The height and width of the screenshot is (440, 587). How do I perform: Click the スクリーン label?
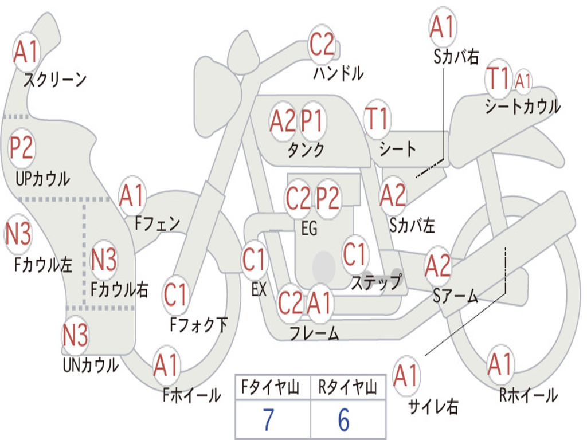[x=55, y=79]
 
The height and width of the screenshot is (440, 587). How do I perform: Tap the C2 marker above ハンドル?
[x=322, y=44]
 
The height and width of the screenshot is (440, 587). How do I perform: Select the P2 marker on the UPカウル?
[x=22, y=148]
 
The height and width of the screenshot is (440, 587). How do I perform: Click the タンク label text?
[x=306, y=150]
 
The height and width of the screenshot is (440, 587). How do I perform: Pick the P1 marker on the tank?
[x=312, y=121]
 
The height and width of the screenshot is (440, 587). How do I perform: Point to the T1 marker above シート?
[x=377, y=119]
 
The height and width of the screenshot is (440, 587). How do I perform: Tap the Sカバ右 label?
[x=456, y=57]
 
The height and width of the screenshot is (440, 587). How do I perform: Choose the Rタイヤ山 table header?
[x=347, y=387]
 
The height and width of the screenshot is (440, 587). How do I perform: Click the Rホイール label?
[x=528, y=395]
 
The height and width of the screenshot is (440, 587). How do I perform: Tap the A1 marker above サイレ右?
[x=406, y=375]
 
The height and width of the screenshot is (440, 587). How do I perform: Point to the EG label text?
[x=309, y=228]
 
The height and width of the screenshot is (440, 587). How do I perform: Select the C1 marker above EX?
[x=255, y=259]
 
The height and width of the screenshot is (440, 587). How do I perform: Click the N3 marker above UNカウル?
[x=75, y=335]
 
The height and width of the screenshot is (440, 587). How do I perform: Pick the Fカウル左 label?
[x=43, y=265]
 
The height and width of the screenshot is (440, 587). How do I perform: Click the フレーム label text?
[x=315, y=333]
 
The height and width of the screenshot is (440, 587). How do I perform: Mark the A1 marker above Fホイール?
[x=166, y=365]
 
